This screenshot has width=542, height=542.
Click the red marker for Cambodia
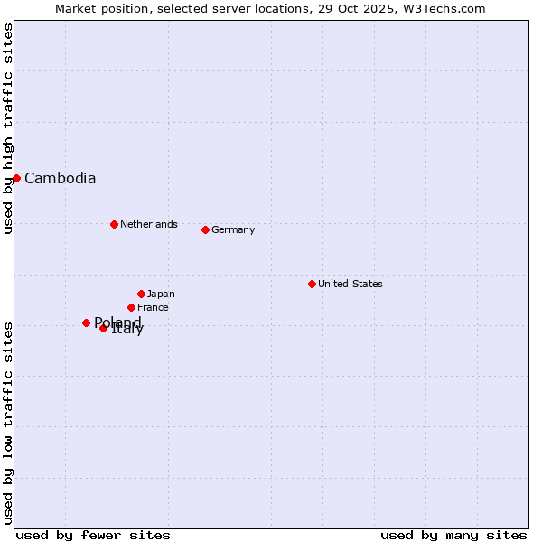16,178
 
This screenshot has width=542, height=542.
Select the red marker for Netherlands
114,224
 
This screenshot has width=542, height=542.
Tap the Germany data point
205,229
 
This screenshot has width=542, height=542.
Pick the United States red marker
312,284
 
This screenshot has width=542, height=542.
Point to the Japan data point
141,294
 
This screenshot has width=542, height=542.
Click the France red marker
131,307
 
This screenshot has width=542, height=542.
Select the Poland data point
86,322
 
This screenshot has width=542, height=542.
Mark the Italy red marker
103,328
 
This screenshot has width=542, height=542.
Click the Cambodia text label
60,178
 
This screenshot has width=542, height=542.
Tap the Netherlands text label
148,224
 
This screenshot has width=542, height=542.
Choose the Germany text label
233,229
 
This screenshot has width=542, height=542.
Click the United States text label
350,284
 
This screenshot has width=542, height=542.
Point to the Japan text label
161,294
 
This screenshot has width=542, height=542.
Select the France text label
153,307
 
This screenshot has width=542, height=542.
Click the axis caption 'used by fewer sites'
93,535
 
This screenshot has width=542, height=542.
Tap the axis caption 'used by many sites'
453,535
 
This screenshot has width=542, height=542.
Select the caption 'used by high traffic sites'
8,128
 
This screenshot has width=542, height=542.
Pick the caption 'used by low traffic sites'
8,423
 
